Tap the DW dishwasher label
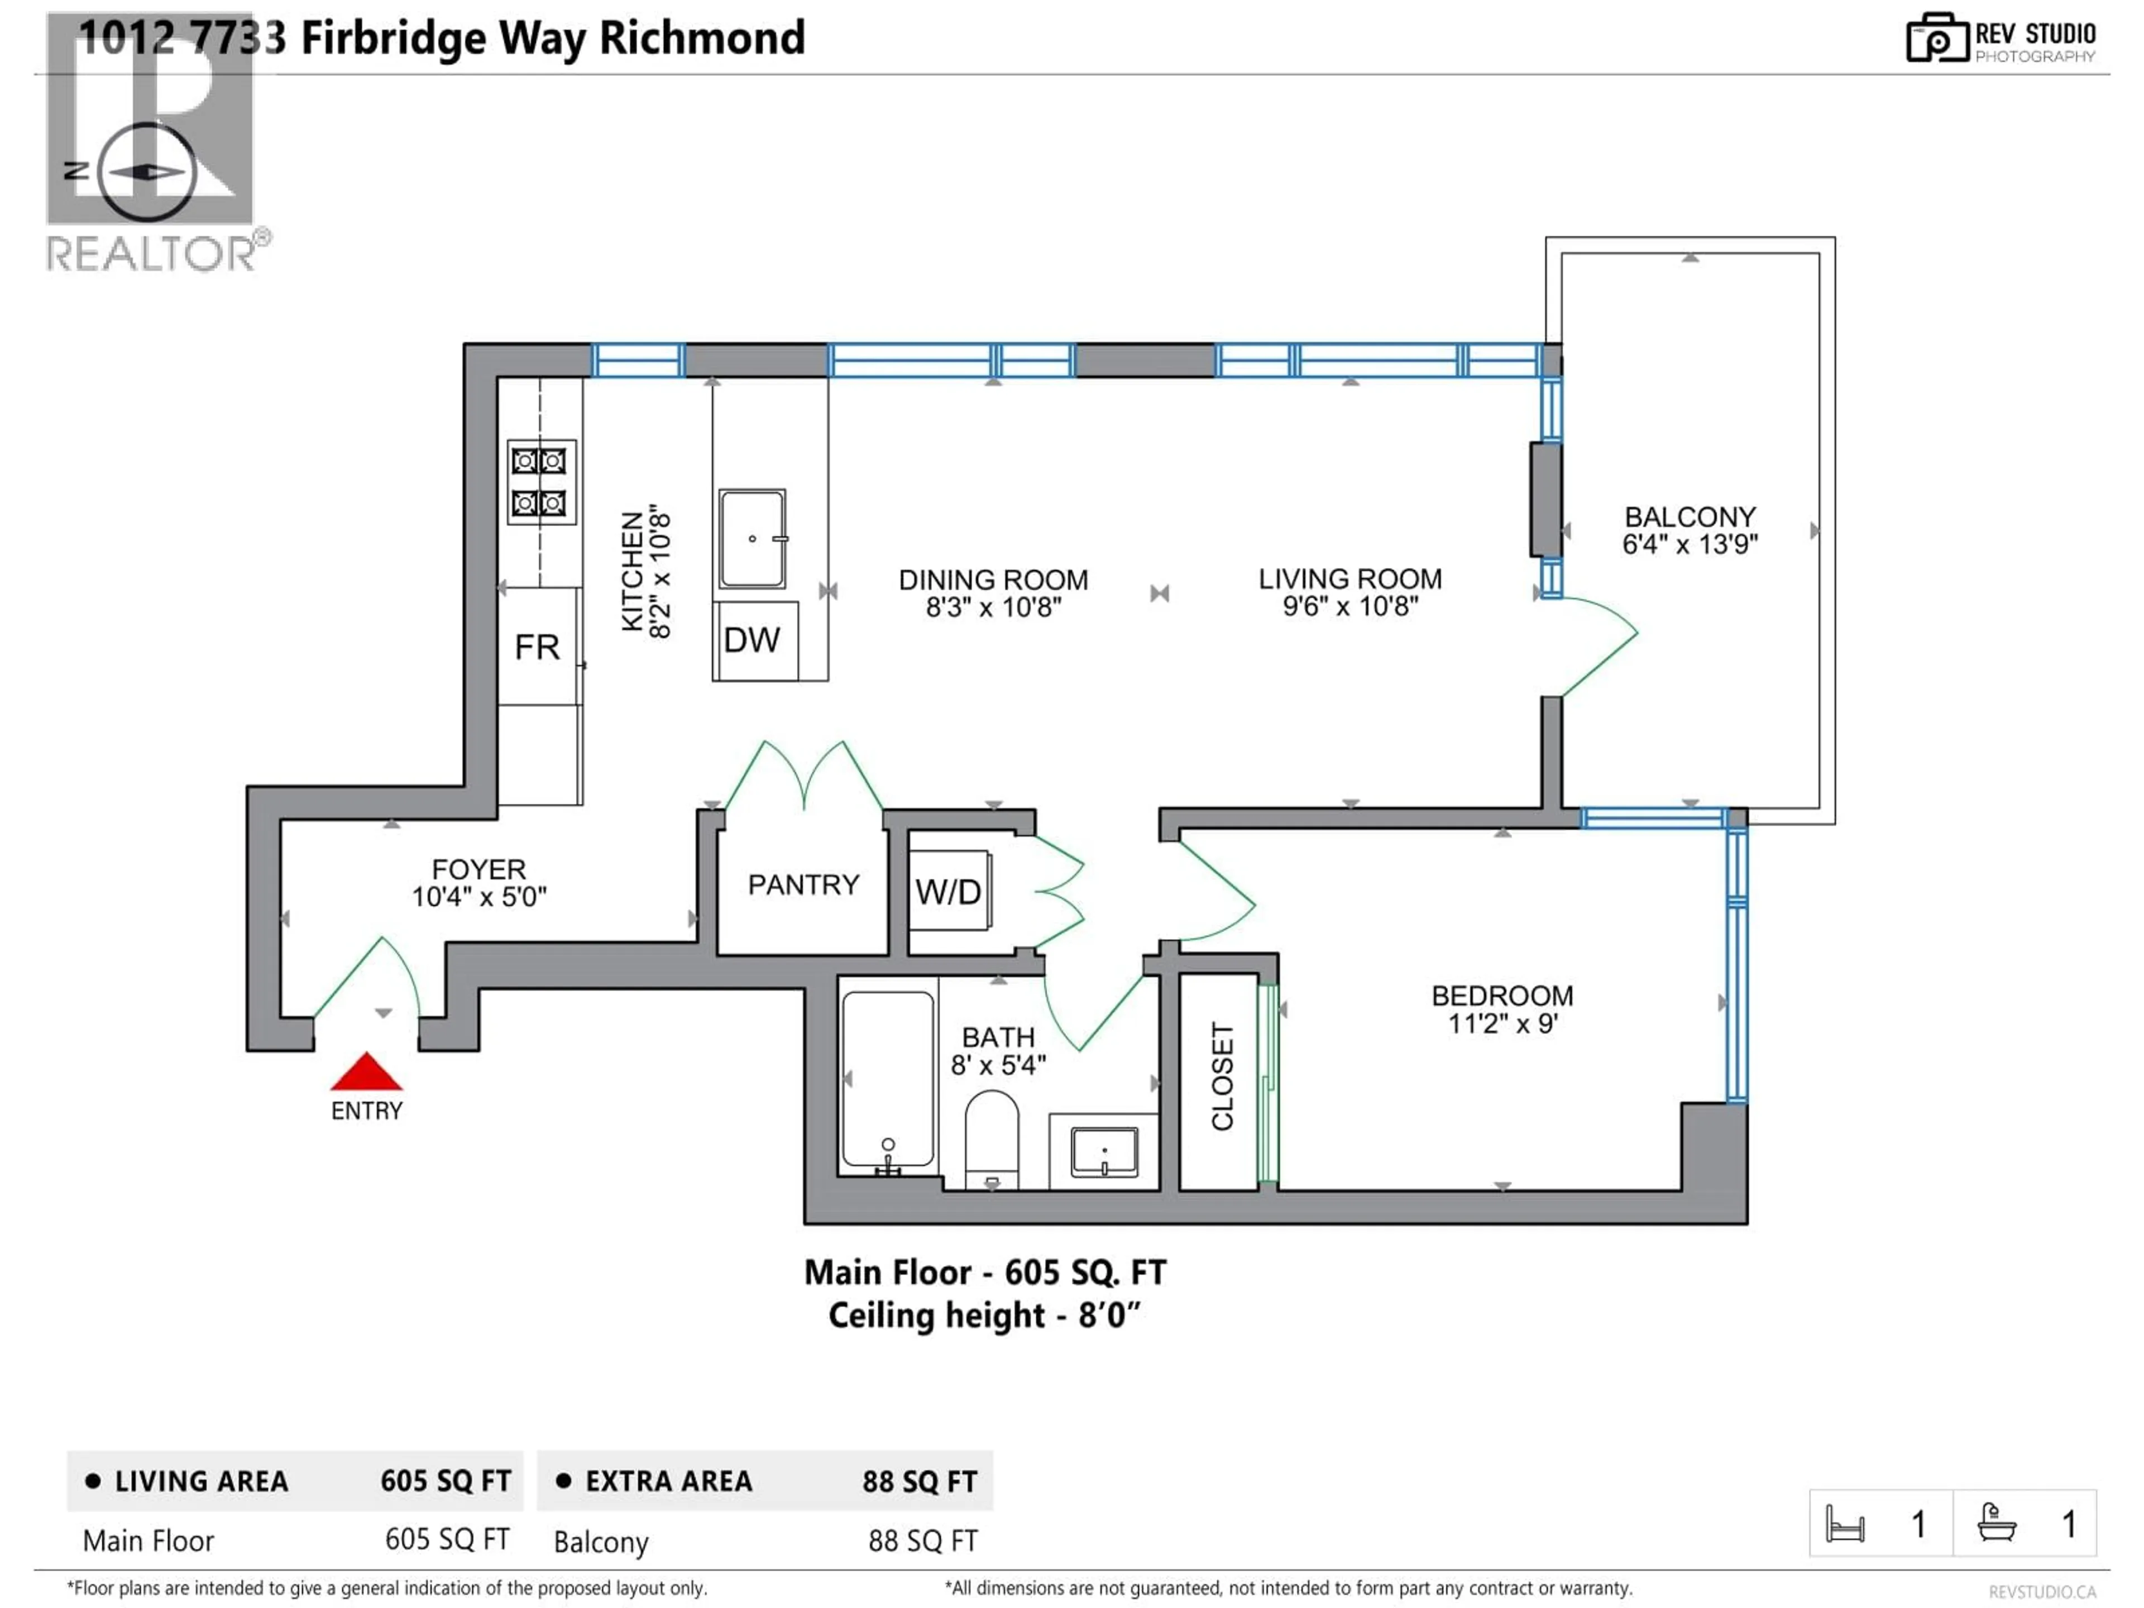tap(751, 640)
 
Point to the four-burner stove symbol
tap(540, 482)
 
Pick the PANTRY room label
tap(803, 885)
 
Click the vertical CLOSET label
tap(1222, 1076)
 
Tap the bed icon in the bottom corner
tap(1845, 1524)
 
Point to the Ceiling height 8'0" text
tap(984, 1315)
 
